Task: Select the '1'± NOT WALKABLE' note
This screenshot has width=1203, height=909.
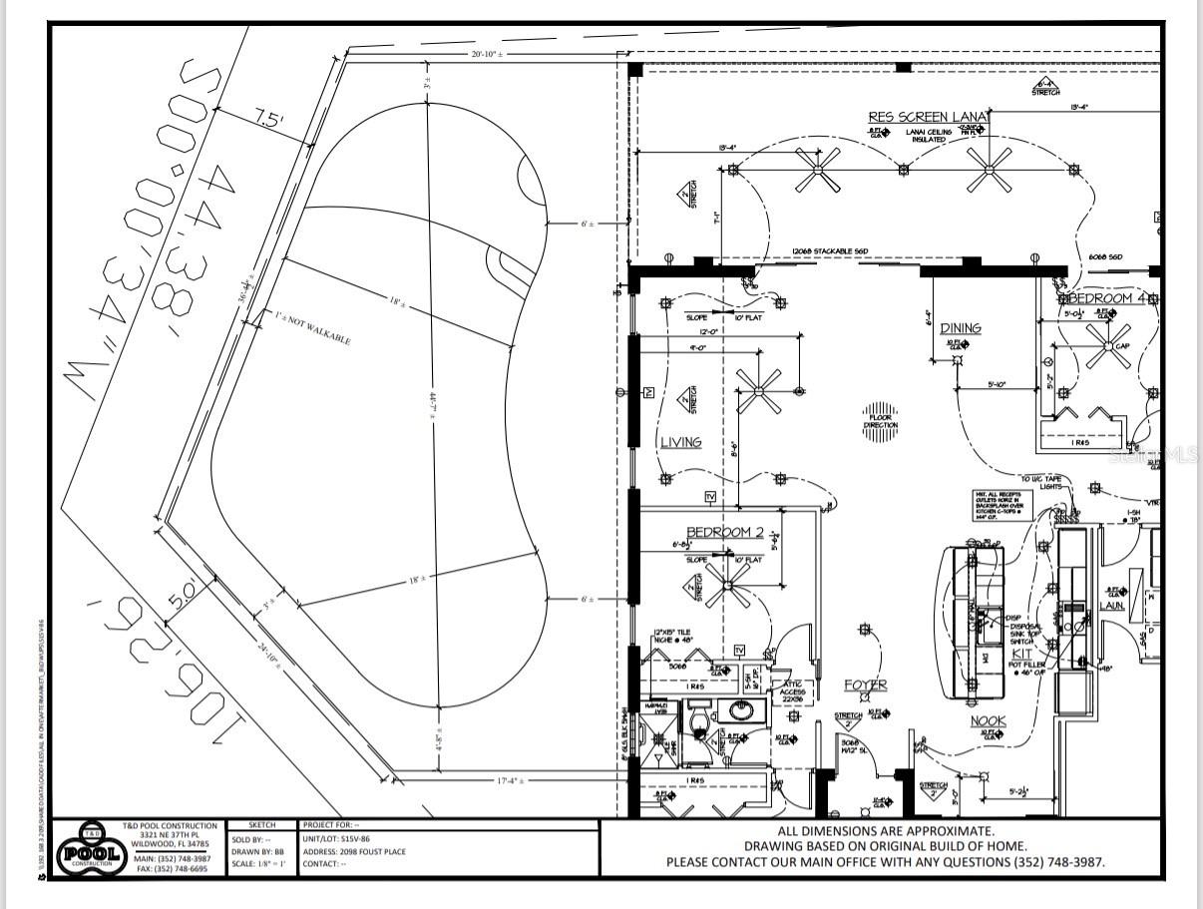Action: coord(311,328)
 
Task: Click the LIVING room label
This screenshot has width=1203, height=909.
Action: coord(680,442)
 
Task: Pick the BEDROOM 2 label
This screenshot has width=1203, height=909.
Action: coord(724,532)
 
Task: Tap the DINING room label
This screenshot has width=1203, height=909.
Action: coord(960,327)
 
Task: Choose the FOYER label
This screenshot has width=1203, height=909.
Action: coord(865,684)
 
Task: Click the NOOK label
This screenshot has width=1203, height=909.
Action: coord(989,720)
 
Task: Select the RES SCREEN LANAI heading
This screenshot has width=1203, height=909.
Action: coord(928,117)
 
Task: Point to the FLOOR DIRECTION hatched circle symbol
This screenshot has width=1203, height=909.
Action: coord(880,413)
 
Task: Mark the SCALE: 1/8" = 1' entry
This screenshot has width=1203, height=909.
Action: coord(258,864)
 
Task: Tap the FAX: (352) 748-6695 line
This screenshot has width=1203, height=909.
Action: coord(172,869)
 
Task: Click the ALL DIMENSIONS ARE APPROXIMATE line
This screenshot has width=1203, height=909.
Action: coord(885,830)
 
